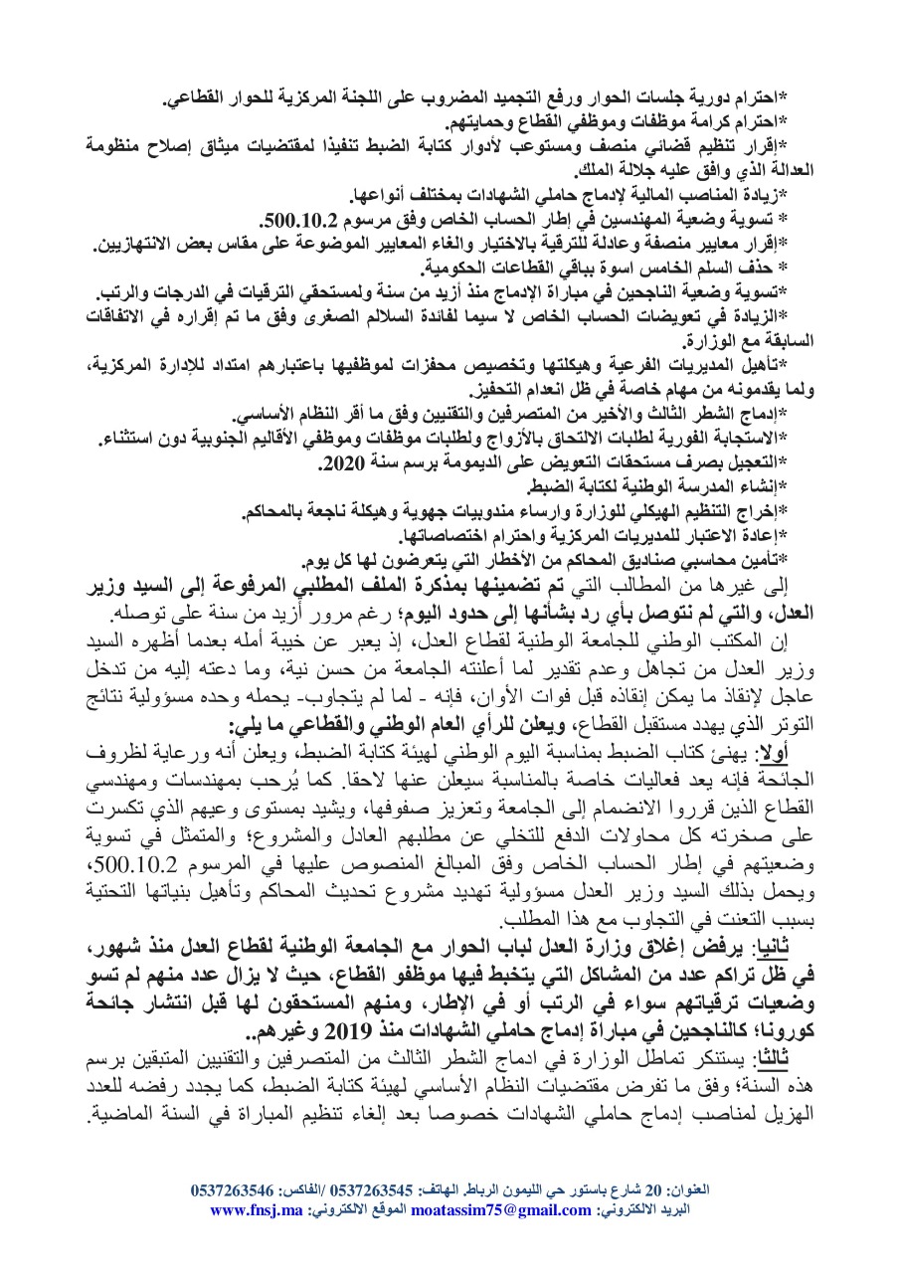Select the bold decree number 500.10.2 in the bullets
click(x=294, y=217)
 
